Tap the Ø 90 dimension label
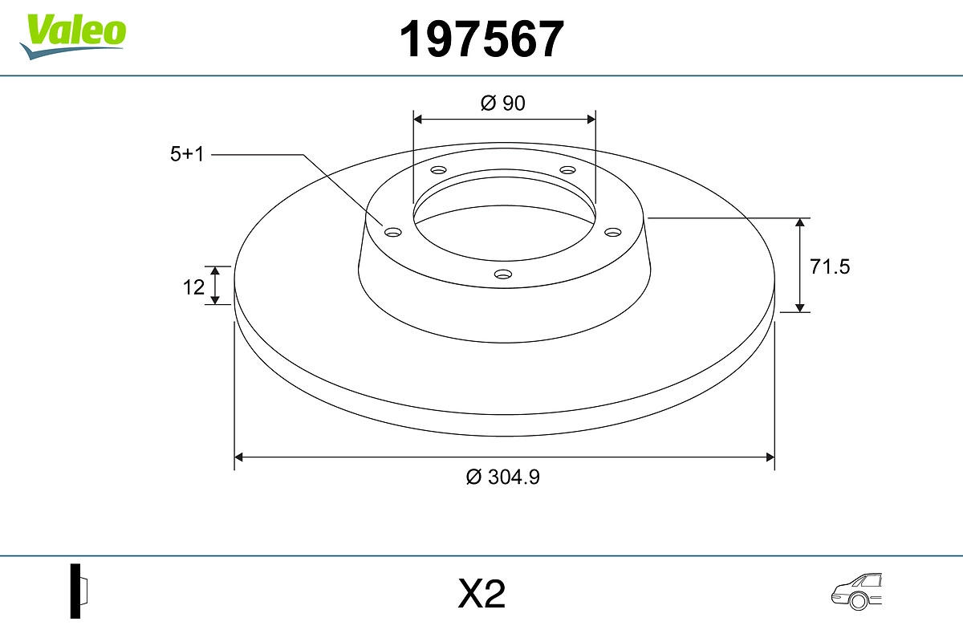pos(503,103)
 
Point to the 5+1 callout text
pos(187,155)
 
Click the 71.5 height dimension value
pos(829,267)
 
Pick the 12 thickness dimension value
pos(193,286)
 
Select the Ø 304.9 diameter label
pos(503,477)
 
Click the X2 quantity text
pos(481,595)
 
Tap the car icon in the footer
pos(858,591)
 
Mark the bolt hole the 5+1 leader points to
pos(393,232)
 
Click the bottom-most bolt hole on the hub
pos(503,274)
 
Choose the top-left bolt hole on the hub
pos(438,170)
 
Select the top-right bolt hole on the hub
pos(568,170)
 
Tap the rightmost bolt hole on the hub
pos(613,232)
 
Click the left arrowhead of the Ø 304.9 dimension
pos(238,457)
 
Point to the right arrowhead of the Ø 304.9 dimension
pos(770,457)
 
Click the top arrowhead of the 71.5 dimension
pos(800,223)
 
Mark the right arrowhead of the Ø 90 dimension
pos(591,119)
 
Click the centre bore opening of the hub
pos(504,217)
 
